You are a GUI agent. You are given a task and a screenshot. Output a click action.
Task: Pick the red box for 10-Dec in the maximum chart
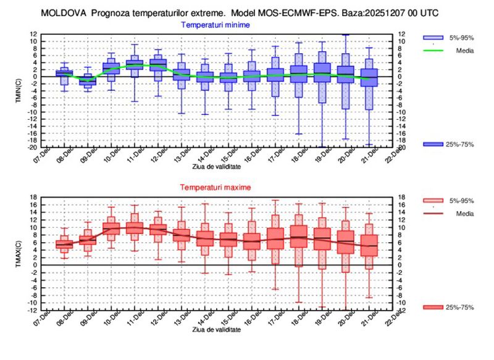[112, 227]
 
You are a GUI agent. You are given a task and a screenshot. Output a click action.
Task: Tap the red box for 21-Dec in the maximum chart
[369, 245]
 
